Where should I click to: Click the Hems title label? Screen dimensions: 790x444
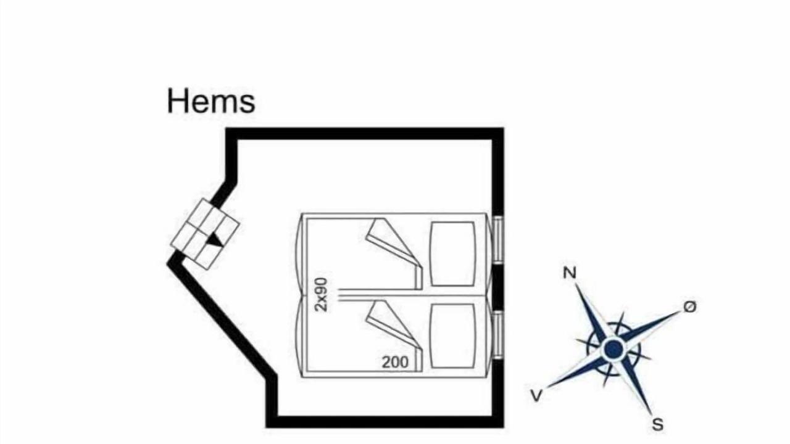click(211, 102)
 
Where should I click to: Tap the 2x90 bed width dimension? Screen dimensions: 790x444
click(322, 295)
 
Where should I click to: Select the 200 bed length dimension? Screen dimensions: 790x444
click(395, 362)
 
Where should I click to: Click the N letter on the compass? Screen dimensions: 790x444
click(570, 273)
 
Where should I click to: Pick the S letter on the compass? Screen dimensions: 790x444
click(658, 424)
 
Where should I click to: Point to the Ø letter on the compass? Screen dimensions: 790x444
click(690, 306)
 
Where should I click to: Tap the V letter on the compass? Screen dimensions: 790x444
click(536, 396)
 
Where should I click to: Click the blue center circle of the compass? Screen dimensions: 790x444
click(613, 349)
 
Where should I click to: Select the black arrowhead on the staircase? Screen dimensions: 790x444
click(214, 240)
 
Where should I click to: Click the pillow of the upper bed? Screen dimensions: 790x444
click(453, 254)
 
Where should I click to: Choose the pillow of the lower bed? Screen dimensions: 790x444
click(453, 335)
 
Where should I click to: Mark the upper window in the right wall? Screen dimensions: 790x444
click(497, 240)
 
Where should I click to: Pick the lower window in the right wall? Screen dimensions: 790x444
click(497, 336)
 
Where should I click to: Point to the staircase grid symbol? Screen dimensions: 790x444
click(205, 234)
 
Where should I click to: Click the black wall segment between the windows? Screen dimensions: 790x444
click(497, 288)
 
